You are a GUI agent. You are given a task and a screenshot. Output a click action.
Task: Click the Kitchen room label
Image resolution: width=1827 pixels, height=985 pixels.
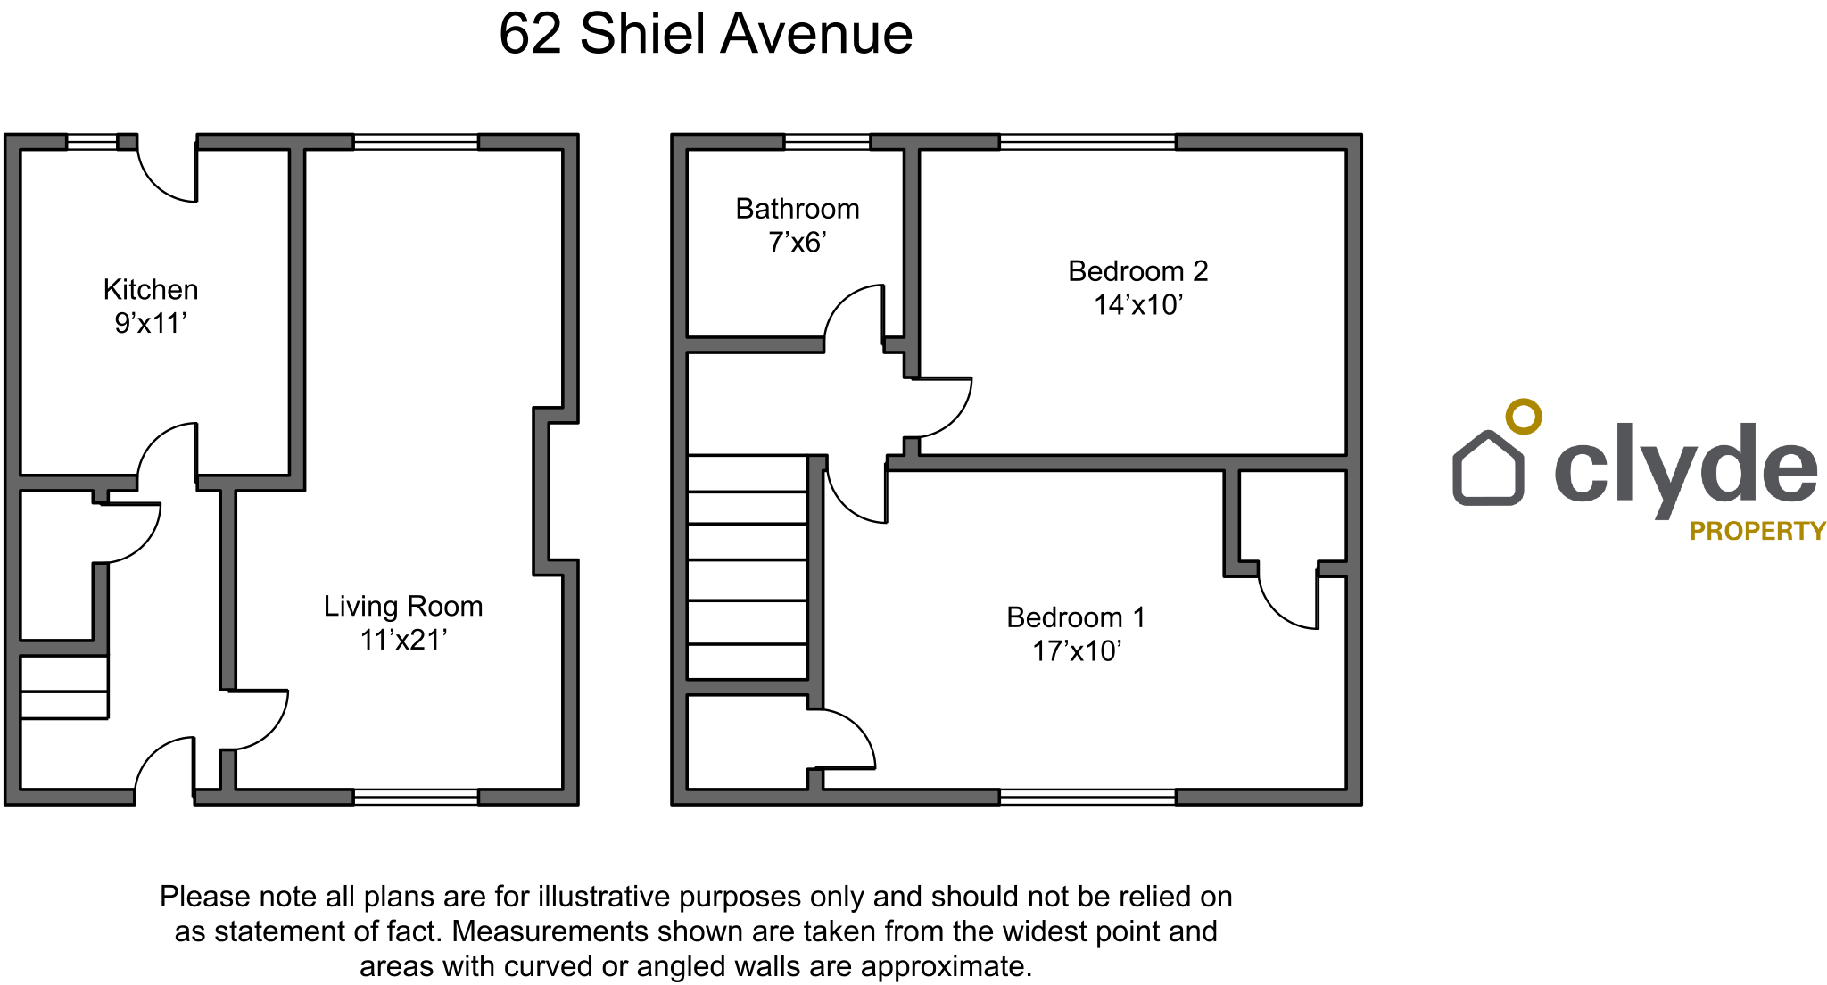click(x=151, y=289)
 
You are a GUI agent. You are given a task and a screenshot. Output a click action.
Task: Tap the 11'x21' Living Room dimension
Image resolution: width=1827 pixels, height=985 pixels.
click(x=403, y=640)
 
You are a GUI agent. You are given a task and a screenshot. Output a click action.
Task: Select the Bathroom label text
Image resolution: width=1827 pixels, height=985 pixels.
click(x=798, y=209)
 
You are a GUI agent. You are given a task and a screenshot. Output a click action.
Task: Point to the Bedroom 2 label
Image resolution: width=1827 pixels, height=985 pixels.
click(x=1138, y=271)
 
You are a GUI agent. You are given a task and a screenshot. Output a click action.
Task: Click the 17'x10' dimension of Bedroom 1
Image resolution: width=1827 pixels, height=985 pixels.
click(x=1077, y=651)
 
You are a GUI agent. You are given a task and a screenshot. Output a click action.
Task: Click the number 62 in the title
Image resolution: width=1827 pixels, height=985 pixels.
click(x=531, y=35)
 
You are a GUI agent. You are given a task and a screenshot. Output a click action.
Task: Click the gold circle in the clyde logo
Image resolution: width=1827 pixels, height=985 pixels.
click(x=1524, y=417)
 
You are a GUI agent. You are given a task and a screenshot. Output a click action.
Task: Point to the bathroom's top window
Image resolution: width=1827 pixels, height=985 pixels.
click(x=827, y=142)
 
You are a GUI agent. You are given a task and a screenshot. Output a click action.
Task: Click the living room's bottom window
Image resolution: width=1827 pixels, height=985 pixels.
click(x=416, y=797)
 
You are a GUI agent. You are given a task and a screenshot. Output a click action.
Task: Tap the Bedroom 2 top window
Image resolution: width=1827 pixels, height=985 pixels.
click(x=1087, y=142)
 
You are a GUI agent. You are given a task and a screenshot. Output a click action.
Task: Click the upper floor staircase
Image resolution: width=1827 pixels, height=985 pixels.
click(x=748, y=567)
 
